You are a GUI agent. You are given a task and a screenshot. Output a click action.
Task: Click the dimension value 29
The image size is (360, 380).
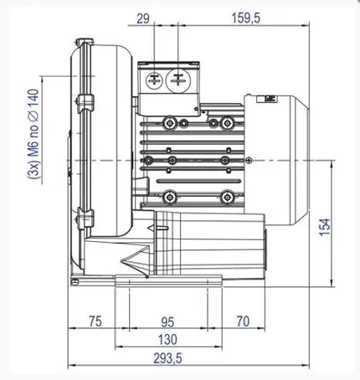(142, 17)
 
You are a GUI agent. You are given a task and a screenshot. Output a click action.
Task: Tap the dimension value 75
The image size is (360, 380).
(95, 321)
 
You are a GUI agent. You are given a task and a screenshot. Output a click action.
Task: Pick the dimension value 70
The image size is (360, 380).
(244, 321)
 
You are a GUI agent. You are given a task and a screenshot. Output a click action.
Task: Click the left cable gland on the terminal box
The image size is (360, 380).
(155, 80)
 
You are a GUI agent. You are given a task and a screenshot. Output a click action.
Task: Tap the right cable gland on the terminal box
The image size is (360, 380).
(178, 80)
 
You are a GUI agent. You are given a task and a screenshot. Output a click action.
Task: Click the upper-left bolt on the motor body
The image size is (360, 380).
(171, 123)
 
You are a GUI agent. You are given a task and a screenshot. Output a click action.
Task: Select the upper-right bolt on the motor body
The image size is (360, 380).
(224, 123)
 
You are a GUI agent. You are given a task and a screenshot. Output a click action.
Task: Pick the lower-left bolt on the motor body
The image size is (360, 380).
(171, 197)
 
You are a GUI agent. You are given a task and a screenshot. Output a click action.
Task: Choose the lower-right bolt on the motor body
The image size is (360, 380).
(225, 197)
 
